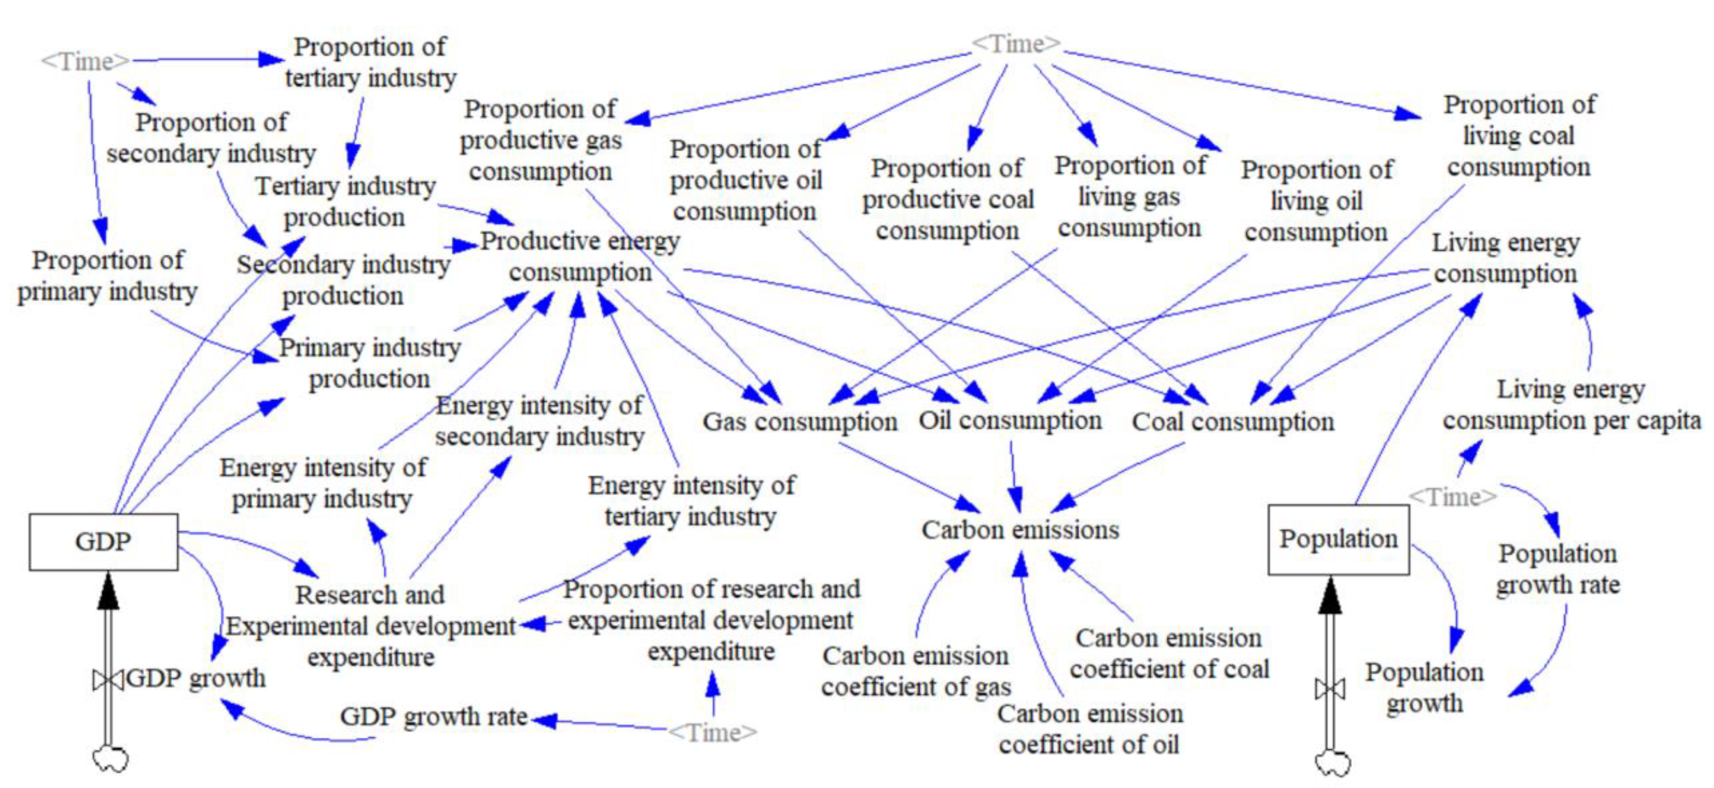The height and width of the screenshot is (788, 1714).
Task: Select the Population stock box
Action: tap(1338, 539)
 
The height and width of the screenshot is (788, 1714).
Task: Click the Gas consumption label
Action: tap(800, 421)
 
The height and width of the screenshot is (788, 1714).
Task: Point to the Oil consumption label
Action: tap(1010, 420)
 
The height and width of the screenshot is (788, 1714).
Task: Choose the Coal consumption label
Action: tap(1233, 421)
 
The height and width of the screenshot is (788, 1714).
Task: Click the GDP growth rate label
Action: tap(434, 717)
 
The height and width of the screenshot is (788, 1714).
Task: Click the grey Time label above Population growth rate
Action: tap(1453, 497)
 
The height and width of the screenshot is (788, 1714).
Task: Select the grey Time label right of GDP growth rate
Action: tap(712, 733)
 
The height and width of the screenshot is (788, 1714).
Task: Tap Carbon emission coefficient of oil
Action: tap(1089, 729)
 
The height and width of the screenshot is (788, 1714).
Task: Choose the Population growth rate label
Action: tap(1558, 569)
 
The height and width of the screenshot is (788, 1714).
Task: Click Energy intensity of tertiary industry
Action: tap(691, 500)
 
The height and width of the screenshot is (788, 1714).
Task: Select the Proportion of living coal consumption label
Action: tap(1519, 136)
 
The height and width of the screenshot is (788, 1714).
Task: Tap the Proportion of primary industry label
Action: tap(107, 276)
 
